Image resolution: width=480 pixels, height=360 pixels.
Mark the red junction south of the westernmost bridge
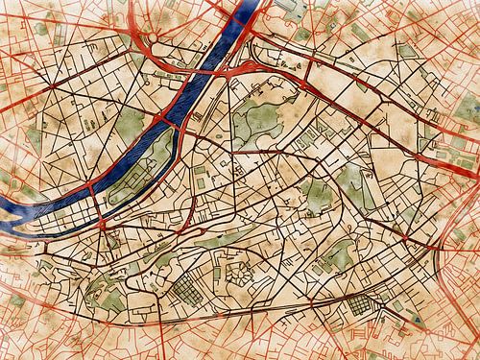point(96,226)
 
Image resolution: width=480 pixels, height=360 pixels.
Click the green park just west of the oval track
point(317,192)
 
